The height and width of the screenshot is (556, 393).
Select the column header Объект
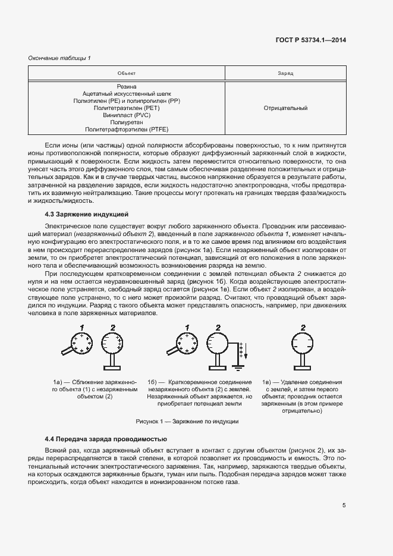127,73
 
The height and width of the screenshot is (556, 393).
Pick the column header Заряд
285,73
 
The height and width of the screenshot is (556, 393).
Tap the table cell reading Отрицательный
285,108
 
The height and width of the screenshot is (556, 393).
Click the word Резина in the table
127,87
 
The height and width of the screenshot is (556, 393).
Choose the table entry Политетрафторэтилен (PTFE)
127,129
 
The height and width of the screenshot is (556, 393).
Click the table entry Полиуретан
127,122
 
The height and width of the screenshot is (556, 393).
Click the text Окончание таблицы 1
59,58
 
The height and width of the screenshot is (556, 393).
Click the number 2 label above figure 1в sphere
303,327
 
